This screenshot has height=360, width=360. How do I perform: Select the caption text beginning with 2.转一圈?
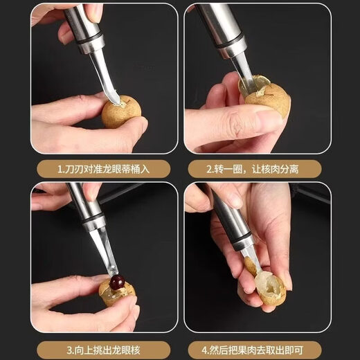[256, 169]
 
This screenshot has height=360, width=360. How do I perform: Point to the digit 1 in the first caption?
[60, 169]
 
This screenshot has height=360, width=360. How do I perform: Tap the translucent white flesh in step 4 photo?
[267, 283]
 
